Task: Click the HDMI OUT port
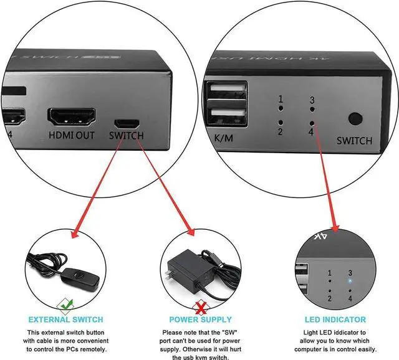(72, 116)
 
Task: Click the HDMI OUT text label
(72, 135)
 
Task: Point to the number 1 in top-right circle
(281, 99)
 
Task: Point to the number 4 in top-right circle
(310, 131)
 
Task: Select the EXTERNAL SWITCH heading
(65, 320)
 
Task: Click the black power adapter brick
(187, 262)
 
